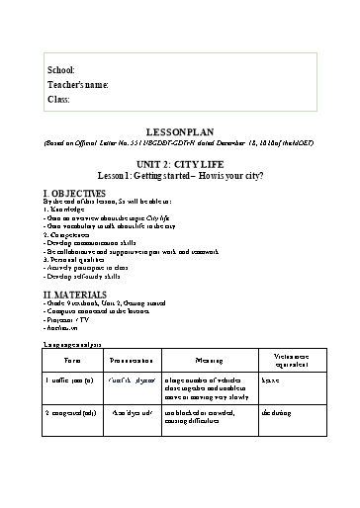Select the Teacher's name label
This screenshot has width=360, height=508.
78,86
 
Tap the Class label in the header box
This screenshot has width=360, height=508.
58,100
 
